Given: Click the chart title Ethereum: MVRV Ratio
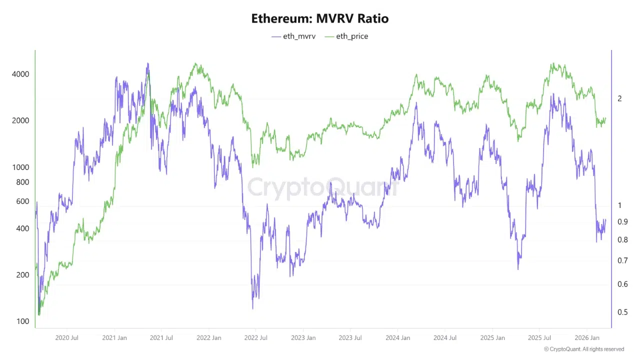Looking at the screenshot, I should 319,19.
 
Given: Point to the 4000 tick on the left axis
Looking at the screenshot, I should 21,74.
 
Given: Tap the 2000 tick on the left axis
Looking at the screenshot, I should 21,120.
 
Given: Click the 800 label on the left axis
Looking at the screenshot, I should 23,182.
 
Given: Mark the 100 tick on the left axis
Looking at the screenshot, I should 23,321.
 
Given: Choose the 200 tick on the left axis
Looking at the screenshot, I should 23,274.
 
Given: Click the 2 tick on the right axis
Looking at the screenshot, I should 620,98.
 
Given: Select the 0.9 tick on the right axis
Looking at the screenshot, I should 622,221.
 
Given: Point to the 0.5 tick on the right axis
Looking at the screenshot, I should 622,312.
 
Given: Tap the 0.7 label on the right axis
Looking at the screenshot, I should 622,260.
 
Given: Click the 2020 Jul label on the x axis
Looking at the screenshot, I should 67,338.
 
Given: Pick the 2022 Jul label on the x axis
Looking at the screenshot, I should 255,338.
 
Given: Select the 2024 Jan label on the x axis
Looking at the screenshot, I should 397,338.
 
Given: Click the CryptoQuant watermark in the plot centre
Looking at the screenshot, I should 323,188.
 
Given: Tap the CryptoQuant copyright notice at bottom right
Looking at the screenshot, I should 584,349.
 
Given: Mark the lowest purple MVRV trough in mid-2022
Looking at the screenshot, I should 253,308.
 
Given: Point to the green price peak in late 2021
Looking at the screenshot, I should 196,64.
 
